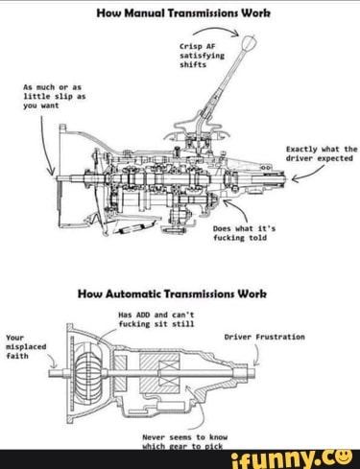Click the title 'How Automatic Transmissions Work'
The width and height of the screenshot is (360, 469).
(x=178, y=295)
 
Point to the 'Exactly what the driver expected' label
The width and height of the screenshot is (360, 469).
(x=322, y=154)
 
